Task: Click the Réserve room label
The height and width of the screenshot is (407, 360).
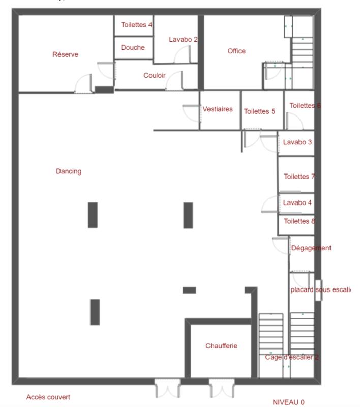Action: click(66, 54)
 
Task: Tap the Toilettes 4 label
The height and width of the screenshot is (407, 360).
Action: click(136, 25)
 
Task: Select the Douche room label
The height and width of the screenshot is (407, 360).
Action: click(133, 48)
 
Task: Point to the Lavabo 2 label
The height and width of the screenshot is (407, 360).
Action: click(184, 39)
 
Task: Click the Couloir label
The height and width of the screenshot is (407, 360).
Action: click(155, 75)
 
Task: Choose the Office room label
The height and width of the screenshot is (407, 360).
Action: click(236, 51)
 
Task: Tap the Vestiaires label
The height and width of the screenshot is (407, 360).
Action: click(218, 109)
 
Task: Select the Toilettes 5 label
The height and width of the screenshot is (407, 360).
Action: click(259, 111)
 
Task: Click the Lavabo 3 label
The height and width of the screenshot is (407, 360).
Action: click(297, 142)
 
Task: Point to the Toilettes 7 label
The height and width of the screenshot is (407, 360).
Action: click(299, 177)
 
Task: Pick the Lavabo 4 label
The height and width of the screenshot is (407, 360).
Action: click(297, 202)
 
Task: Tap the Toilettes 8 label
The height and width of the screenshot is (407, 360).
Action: click(299, 221)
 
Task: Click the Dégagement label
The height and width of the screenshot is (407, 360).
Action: click(311, 248)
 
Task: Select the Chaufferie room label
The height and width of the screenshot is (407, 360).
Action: click(221, 346)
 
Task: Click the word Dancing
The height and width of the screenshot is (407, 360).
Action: click(69, 171)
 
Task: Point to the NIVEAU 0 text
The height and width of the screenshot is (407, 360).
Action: click(288, 402)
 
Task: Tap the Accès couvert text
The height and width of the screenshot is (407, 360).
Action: click(48, 397)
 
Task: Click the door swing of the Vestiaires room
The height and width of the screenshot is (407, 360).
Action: click(191, 113)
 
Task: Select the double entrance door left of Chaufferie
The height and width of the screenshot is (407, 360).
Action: click(167, 389)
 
